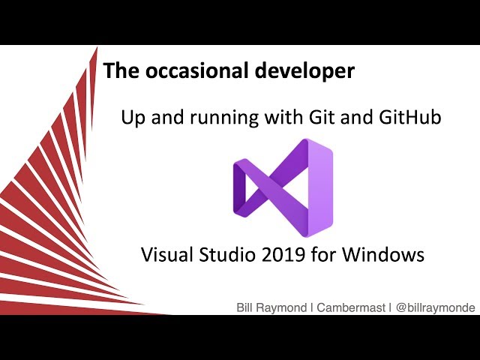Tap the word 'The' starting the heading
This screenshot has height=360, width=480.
pos(118,71)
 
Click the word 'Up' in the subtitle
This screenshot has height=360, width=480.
pos(133,118)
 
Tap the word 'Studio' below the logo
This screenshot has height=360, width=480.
pos(224,255)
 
